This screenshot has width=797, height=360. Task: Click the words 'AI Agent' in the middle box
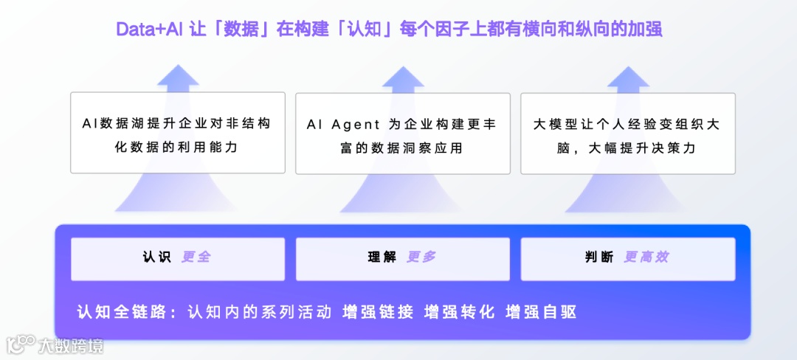(343, 125)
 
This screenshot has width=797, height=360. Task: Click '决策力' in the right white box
(676, 148)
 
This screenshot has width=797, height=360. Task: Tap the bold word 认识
(157, 257)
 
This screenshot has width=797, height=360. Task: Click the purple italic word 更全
(196, 257)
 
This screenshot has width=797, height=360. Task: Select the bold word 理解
(382, 257)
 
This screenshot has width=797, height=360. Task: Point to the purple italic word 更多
(421, 257)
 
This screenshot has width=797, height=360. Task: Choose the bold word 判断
(599, 257)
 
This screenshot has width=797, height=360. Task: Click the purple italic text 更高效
(646, 257)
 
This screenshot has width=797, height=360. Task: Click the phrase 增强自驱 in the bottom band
(540, 312)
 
